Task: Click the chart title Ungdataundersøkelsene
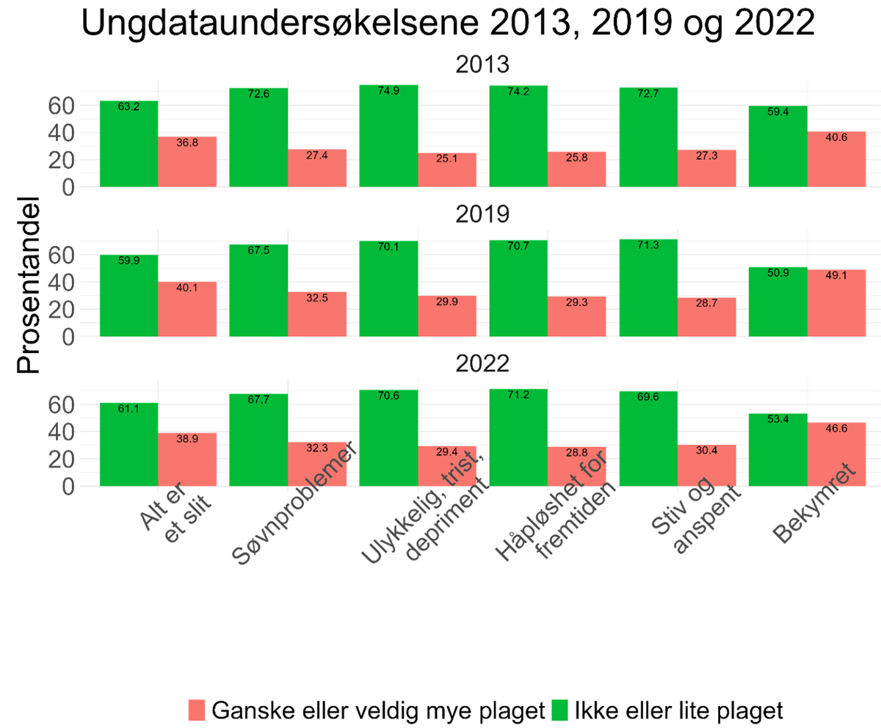point(448,24)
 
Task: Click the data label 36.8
point(187,143)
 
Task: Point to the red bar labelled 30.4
point(706,465)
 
